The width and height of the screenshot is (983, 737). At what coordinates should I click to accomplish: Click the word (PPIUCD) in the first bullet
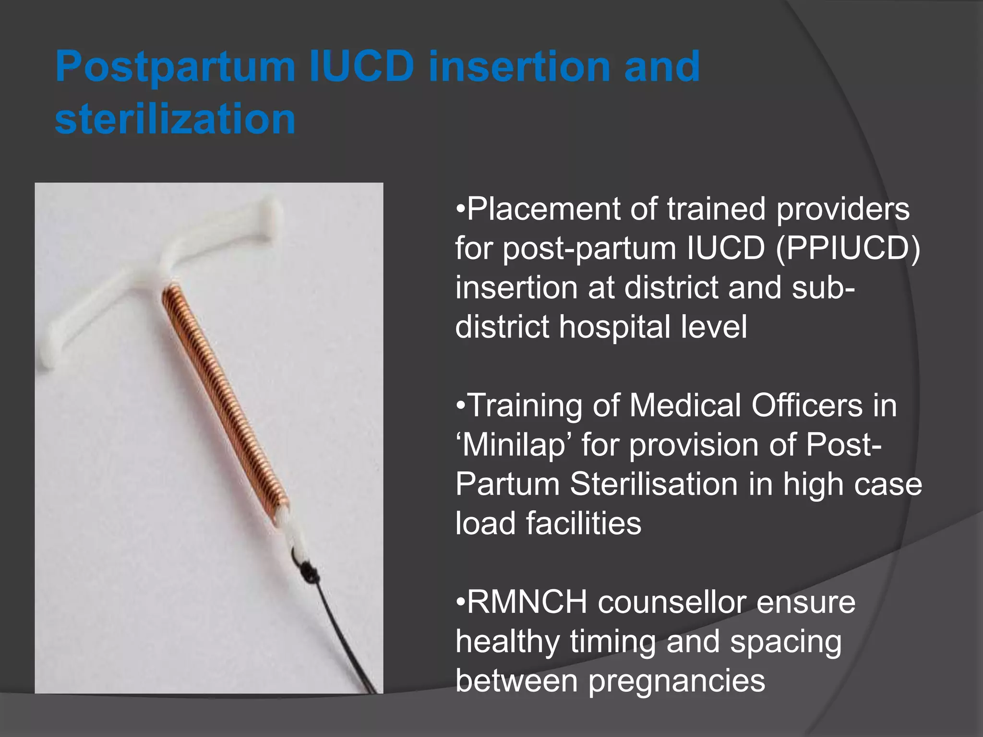coord(848,249)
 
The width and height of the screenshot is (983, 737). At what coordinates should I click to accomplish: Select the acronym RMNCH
coord(527,602)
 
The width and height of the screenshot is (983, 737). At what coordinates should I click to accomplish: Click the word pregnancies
coord(677,681)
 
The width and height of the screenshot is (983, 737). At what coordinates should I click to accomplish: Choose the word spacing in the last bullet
coord(786,642)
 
